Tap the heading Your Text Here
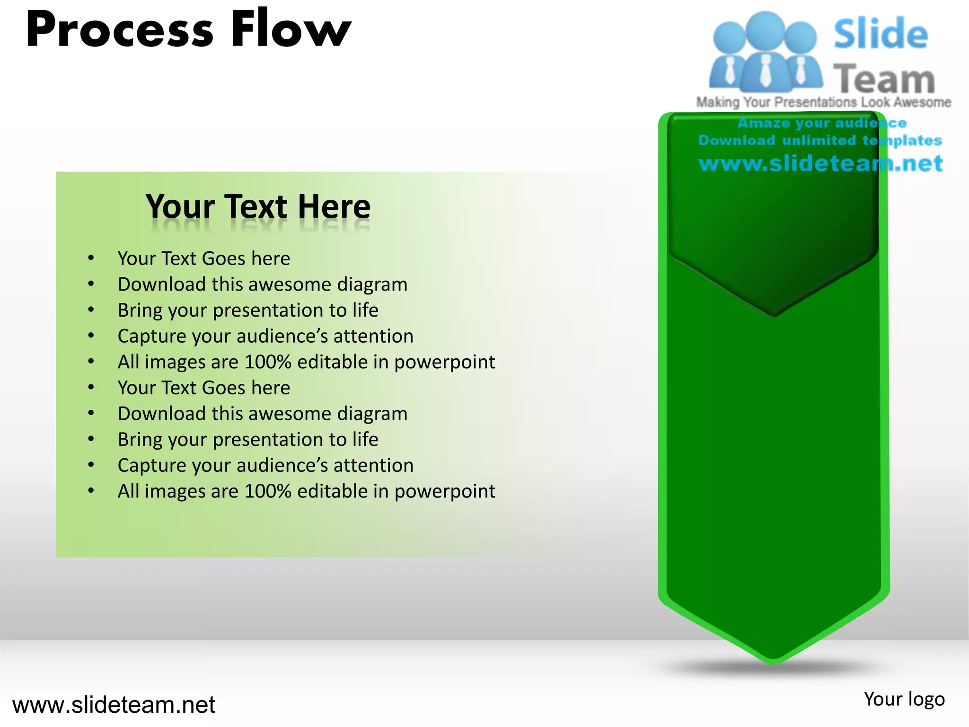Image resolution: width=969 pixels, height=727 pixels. click(258, 207)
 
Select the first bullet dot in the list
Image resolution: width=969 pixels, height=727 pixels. click(91, 258)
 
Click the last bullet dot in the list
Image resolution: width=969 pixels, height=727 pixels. click(91, 491)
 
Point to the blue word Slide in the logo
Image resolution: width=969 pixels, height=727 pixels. click(881, 34)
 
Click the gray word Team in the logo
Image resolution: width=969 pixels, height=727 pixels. click(884, 80)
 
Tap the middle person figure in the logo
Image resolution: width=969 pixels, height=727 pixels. click(765, 52)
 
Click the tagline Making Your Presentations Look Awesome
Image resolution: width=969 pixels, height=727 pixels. click(823, 102)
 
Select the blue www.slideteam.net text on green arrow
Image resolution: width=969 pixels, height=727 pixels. click(821, 164)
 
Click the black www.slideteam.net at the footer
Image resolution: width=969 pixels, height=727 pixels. click(114, 705)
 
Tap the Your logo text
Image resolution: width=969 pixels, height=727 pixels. click(904, 699)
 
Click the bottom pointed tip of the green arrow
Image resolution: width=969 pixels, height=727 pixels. click(774, 660)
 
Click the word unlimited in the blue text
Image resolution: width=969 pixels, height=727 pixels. click(819, 141)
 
